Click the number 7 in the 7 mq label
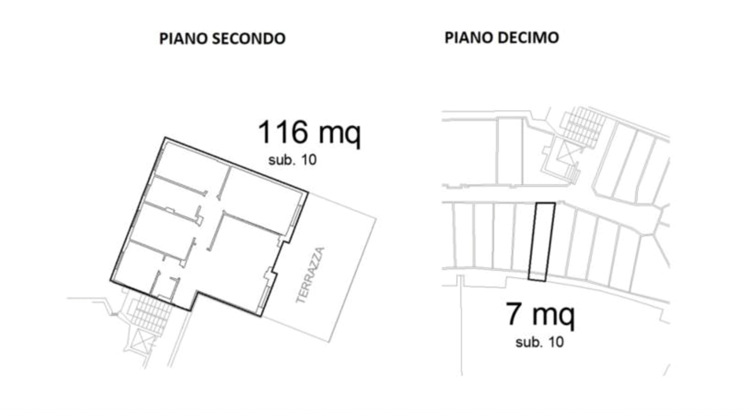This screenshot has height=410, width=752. pyautogui.click(x=513, y=315)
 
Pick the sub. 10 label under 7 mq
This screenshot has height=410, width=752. pyautogui.click(x=539, y=342)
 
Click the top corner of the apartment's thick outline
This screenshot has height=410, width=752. pyautogui.click(x=165, y=138)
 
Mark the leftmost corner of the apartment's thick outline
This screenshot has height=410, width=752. pyautogui.click(x=111, y=281)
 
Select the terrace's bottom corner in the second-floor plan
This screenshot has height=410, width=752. pyautogui.click(x=331, y=341)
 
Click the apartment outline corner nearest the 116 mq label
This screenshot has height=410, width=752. pyautogui.click(x=307, y=191)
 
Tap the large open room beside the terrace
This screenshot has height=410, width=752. pyautogui.click(x=247, y=259)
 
